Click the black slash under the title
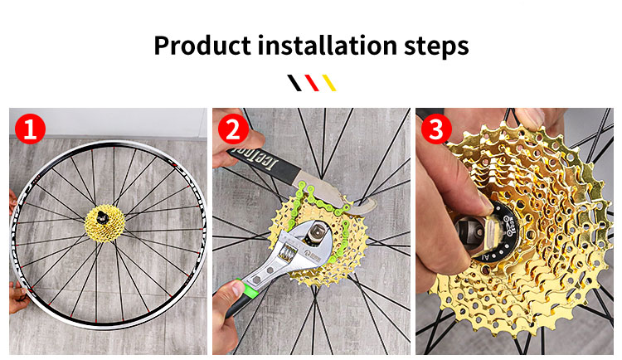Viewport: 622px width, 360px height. [x=294, y=83]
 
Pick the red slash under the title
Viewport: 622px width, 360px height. [x=311, y=83]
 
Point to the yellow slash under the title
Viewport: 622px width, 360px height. [x=328, y=83]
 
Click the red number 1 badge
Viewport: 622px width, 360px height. [x=30, y=129]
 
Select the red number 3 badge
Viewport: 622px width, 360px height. [x=436, y=129]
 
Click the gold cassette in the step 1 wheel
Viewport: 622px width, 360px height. [x=105, y=220]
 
